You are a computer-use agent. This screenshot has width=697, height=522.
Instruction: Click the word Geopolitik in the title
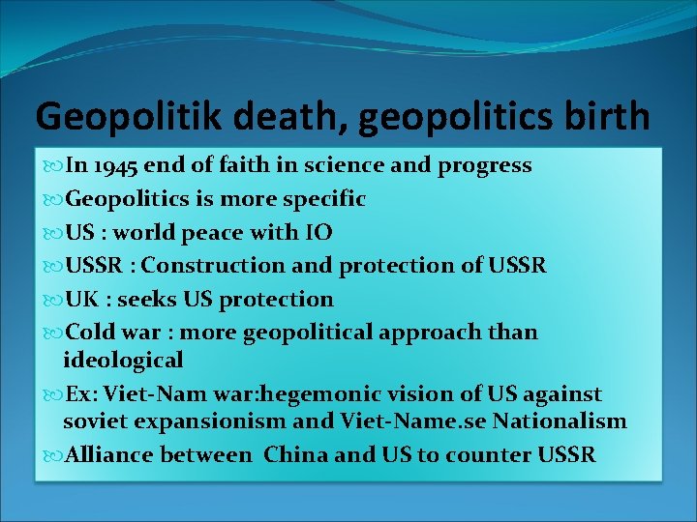(114, 117)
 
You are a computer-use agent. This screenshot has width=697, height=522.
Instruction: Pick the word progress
(485, 165)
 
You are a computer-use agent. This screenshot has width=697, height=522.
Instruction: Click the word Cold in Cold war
(88, 333)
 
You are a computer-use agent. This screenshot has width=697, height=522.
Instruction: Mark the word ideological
(122, 361)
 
